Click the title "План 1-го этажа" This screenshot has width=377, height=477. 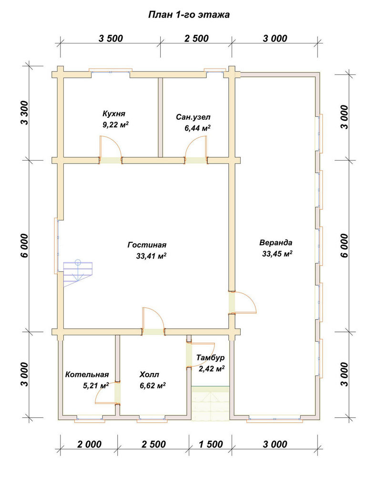(189, 15)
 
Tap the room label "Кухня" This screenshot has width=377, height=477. (114, 114)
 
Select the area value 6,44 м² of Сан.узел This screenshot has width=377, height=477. (198, 128)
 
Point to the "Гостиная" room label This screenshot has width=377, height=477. (147, 245)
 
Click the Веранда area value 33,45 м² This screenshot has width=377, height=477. (277, 254)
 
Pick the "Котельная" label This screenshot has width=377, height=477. (87, 374)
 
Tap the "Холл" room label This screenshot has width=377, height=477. (149, 374)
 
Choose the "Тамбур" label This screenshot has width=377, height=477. (210, 357)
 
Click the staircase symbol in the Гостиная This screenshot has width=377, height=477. (78, 273)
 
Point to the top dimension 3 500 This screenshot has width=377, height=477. (111, 38)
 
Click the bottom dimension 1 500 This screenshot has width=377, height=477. (211, 444)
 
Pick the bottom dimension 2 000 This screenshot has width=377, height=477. (89, 444)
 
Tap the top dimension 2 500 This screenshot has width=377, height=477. (196, 38)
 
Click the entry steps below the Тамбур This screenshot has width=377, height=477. (210, 404)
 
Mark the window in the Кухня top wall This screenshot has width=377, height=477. (111, 72)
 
